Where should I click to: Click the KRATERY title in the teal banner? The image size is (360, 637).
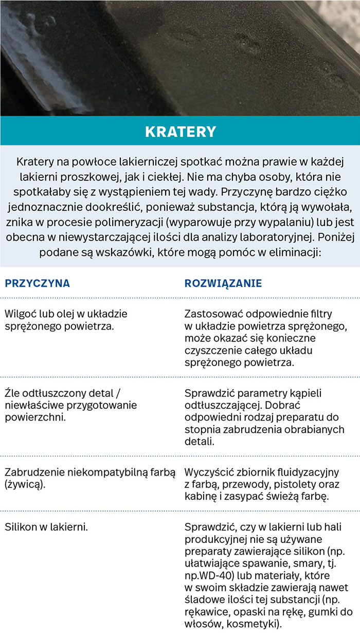coord(180,132)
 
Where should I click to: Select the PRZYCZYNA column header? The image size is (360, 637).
coord(37,283)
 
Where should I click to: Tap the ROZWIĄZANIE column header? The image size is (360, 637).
coord(223,283)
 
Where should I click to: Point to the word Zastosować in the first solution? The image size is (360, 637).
coord(212,314)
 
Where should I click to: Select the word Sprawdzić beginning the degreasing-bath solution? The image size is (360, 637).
coord(208,393)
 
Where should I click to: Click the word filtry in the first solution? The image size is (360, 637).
coord(319,314)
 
